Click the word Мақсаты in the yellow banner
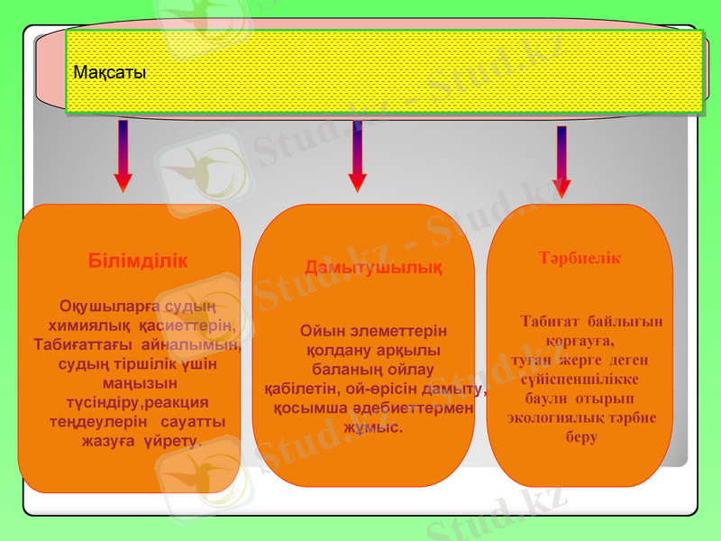click(x=109, y=72)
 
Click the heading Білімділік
click(x=139, y=261)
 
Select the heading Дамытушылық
click(x=373, y=268)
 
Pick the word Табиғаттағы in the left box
click(x=78, y=344)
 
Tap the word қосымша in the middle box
click(x=307, y=408)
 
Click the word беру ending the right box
click(x=581, y=437)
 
